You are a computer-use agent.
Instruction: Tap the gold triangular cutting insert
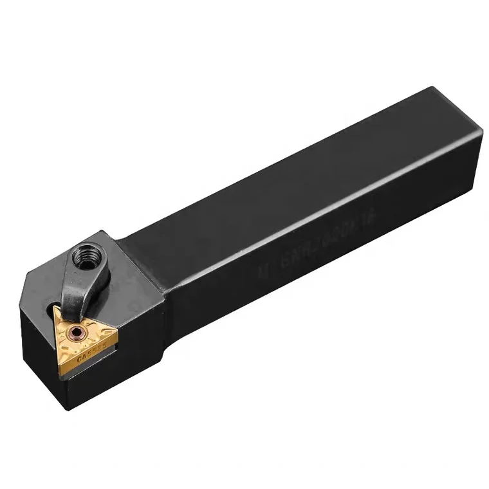pyautogui.click(x=84, y=338)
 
